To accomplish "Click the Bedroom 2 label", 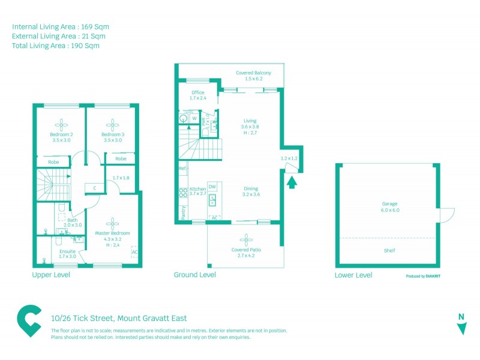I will click(61, 134).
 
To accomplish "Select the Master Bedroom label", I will click(112, 233).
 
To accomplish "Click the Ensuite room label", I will click(67, 252).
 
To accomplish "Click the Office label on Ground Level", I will click(197, 92).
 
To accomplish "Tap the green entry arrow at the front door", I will click(292, 182).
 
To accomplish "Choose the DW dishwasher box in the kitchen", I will click(212, 187).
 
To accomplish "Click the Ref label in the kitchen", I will click(182, 169).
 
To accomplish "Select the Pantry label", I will click(182, 213).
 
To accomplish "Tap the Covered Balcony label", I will click(253, 73).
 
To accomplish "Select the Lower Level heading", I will click(353, 275).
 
